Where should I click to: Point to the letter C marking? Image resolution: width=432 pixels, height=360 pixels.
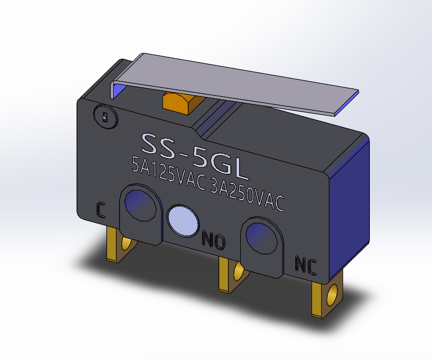pos(100,210)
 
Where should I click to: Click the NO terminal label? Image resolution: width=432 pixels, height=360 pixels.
pos(213,240)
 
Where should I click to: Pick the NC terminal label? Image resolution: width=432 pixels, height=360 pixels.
pos(305,265)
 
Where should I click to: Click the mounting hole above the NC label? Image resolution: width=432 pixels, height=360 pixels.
pos(261,236)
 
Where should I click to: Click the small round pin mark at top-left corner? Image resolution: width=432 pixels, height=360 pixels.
pos(105,116)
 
